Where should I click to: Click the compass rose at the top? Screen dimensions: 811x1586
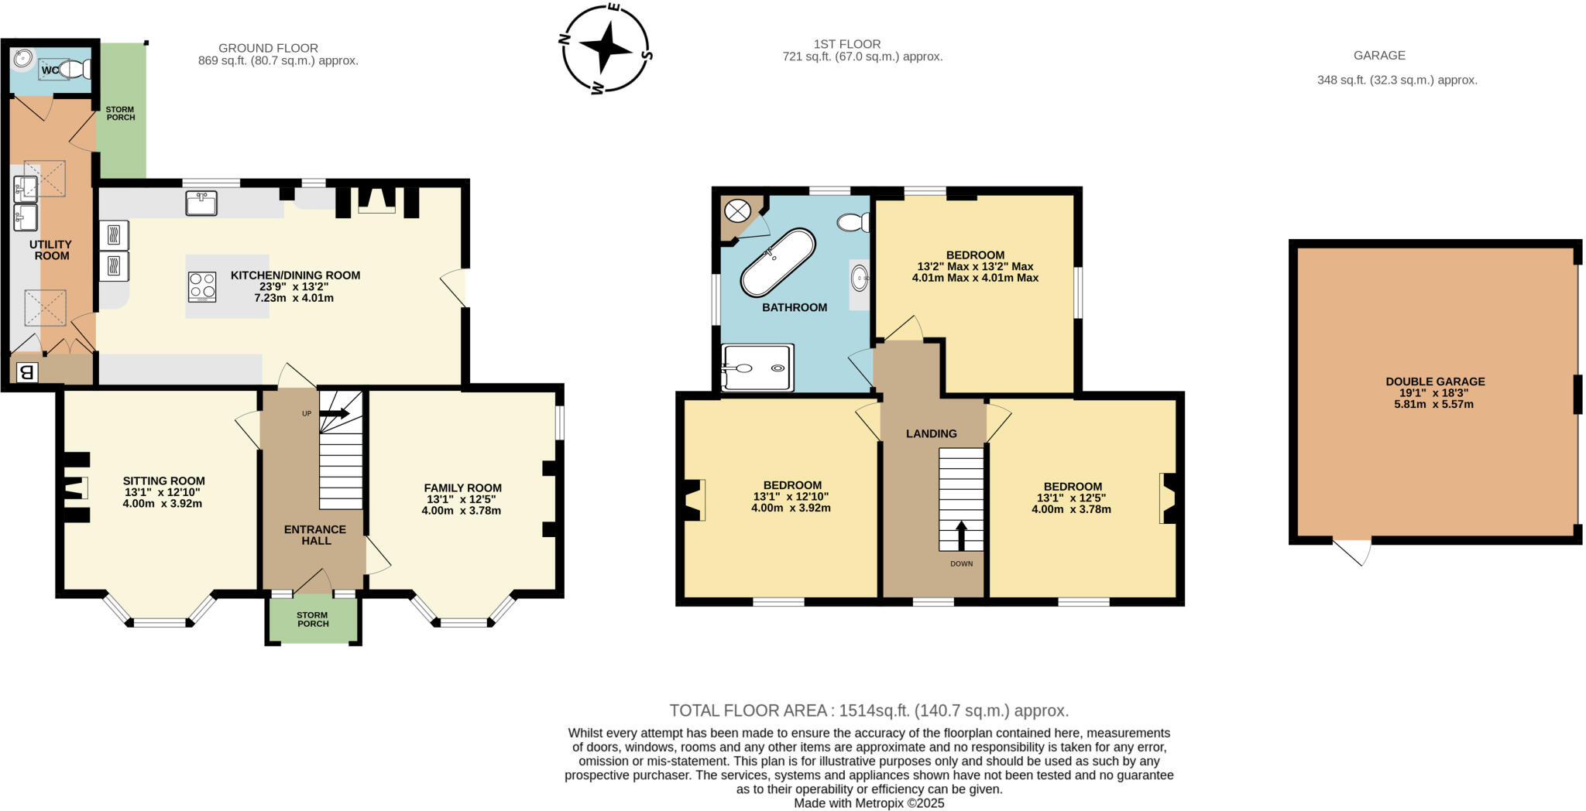606,48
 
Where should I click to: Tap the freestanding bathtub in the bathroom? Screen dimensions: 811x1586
778,262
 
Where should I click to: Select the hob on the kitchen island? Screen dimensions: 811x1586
202,286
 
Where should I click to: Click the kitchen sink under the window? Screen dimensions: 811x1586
201,204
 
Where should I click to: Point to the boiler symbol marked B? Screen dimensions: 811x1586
26,373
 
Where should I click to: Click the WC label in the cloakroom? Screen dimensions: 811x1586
50,70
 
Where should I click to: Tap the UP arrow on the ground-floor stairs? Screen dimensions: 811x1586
335,413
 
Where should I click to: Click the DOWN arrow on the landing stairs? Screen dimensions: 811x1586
961,536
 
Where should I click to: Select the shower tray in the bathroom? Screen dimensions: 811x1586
757,368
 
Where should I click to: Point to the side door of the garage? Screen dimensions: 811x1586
1353,551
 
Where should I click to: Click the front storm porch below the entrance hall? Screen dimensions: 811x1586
313,619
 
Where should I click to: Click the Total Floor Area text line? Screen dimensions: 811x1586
868,710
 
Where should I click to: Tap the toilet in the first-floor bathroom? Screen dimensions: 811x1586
854,223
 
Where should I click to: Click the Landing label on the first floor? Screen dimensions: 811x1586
931,433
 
